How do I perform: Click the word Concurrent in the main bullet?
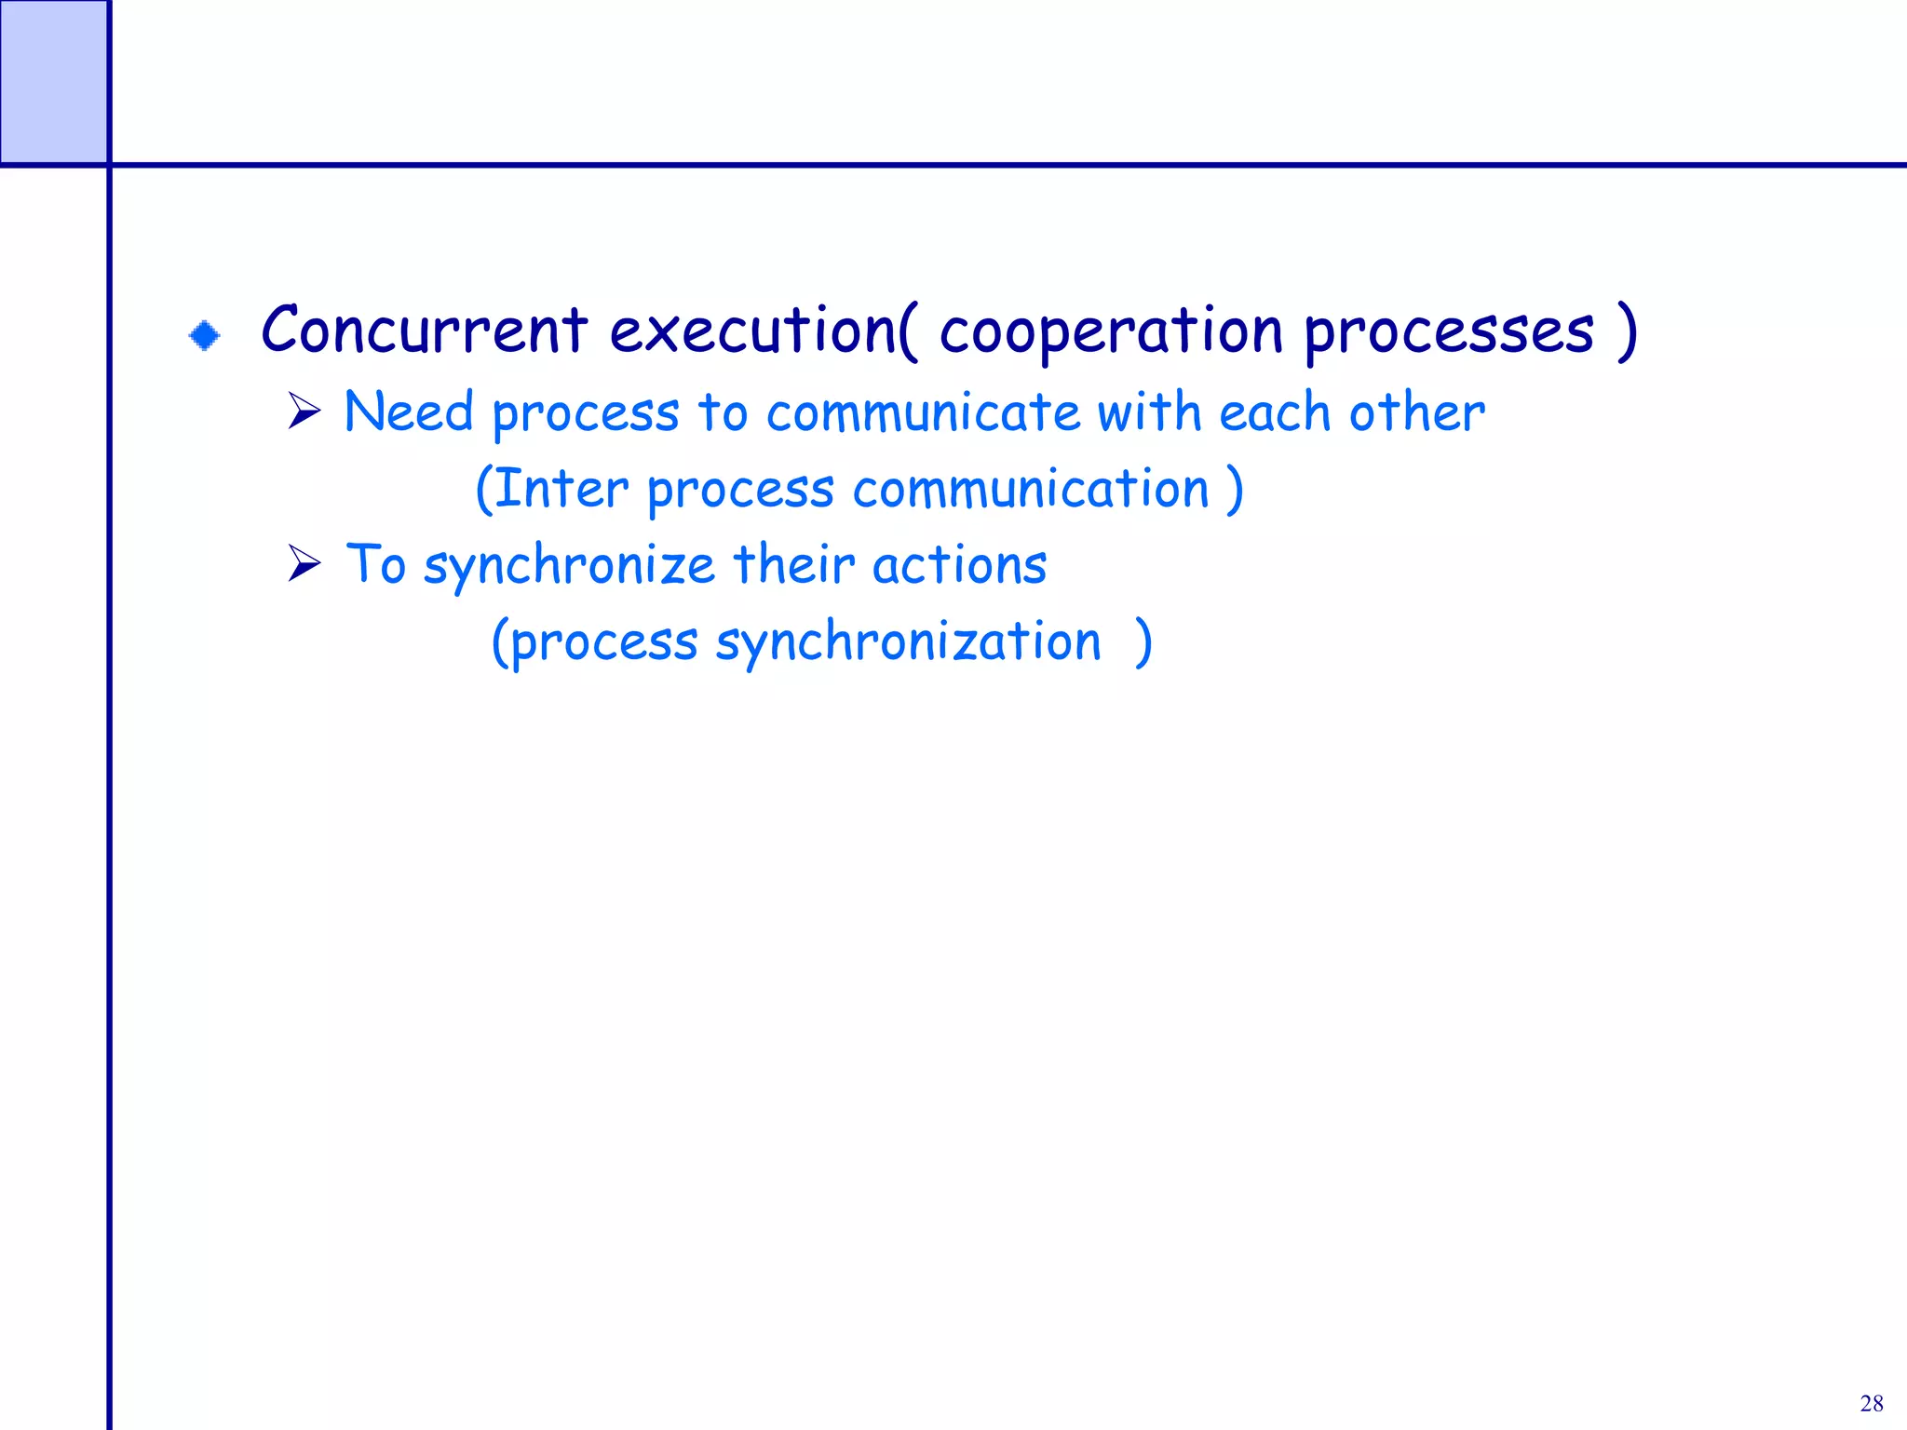424,331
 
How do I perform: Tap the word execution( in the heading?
764,331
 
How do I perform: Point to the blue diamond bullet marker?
205,335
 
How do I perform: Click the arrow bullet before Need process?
304,411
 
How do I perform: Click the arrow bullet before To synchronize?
304,563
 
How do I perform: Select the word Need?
409,411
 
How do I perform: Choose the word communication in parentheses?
1030,489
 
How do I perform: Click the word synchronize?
569,566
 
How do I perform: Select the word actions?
959,565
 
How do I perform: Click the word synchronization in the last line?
908,642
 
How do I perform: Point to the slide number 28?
1872,1403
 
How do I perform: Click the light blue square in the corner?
53,82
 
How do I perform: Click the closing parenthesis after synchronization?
1144,642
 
